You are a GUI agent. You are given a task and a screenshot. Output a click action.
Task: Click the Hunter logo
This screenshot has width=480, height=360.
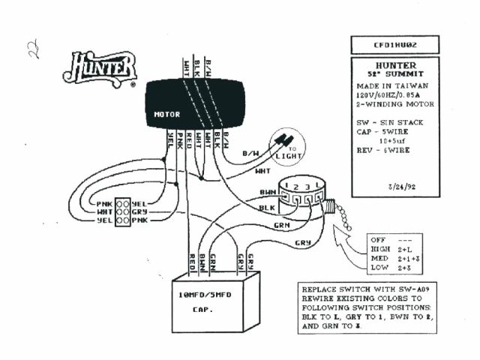100,69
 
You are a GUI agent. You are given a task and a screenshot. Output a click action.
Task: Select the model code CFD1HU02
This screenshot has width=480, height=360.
395,45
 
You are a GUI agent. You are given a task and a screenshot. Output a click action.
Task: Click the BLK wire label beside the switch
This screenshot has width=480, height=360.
268,208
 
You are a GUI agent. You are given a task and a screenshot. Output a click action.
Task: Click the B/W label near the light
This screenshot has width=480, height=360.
250,155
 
